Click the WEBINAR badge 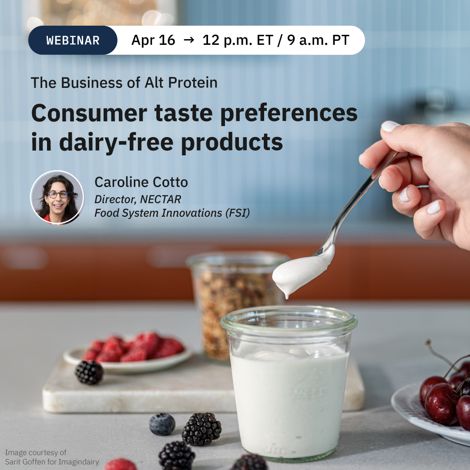tap(73, 40)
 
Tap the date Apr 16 tap(153, 40)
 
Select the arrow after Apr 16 tap(188, 40)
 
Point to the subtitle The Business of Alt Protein tap(124, 83)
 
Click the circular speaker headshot tap(57, 198)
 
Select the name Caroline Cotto tap(141, 182)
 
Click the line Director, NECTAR tap(138, 199)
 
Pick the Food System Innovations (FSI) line tap(172, 213)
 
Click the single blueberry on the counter tap(162, 424)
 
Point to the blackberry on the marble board tap(89, 373)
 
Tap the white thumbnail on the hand tap(390, 126)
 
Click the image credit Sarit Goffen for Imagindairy tap(52, 462)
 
